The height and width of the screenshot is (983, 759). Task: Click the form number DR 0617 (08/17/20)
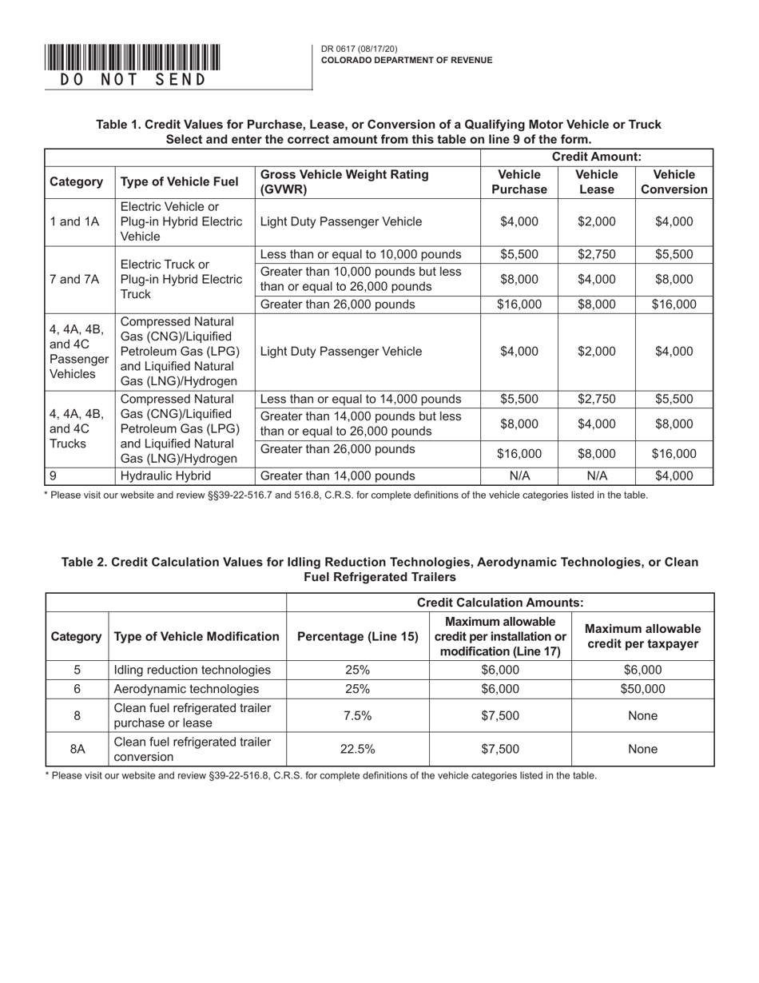[359, 49]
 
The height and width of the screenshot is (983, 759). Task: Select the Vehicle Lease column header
[596, 182]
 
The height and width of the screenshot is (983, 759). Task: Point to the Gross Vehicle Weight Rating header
[344, 182]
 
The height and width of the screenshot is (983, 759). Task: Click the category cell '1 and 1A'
[75, 222]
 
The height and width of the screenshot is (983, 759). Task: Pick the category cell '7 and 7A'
[75, 279]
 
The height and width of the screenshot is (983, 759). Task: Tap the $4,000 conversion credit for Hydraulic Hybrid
[674, 476]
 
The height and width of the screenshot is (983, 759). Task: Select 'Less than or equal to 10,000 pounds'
[361, 255]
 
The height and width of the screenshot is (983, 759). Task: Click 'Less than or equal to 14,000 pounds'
[361, 399]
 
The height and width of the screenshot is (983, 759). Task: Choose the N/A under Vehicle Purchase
[519, 476]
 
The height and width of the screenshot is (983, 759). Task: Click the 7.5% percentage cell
[358, 716]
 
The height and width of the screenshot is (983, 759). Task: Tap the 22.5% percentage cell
[358, 750]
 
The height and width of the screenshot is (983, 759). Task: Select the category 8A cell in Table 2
[77, 750]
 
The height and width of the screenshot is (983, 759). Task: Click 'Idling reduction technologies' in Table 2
[193, 670]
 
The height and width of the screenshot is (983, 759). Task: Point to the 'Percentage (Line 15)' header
[358, 637]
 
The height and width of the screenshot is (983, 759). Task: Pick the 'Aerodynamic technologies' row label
[186, 689]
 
